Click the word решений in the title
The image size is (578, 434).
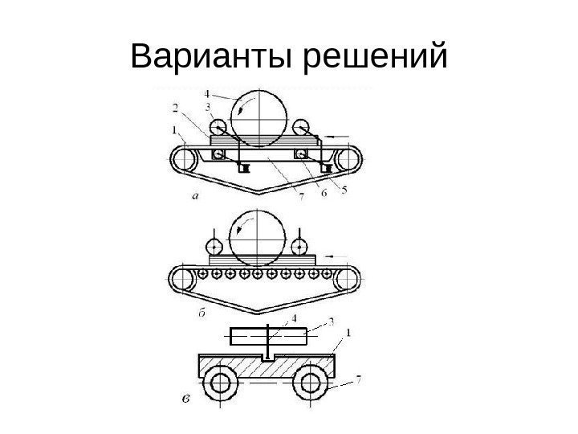click(374, 58)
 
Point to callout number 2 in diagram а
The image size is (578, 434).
click(175, 107)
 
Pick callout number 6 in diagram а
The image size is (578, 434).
click(324, 194)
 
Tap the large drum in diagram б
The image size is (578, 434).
click(257, 237)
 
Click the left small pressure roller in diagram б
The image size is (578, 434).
click(214, 245)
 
